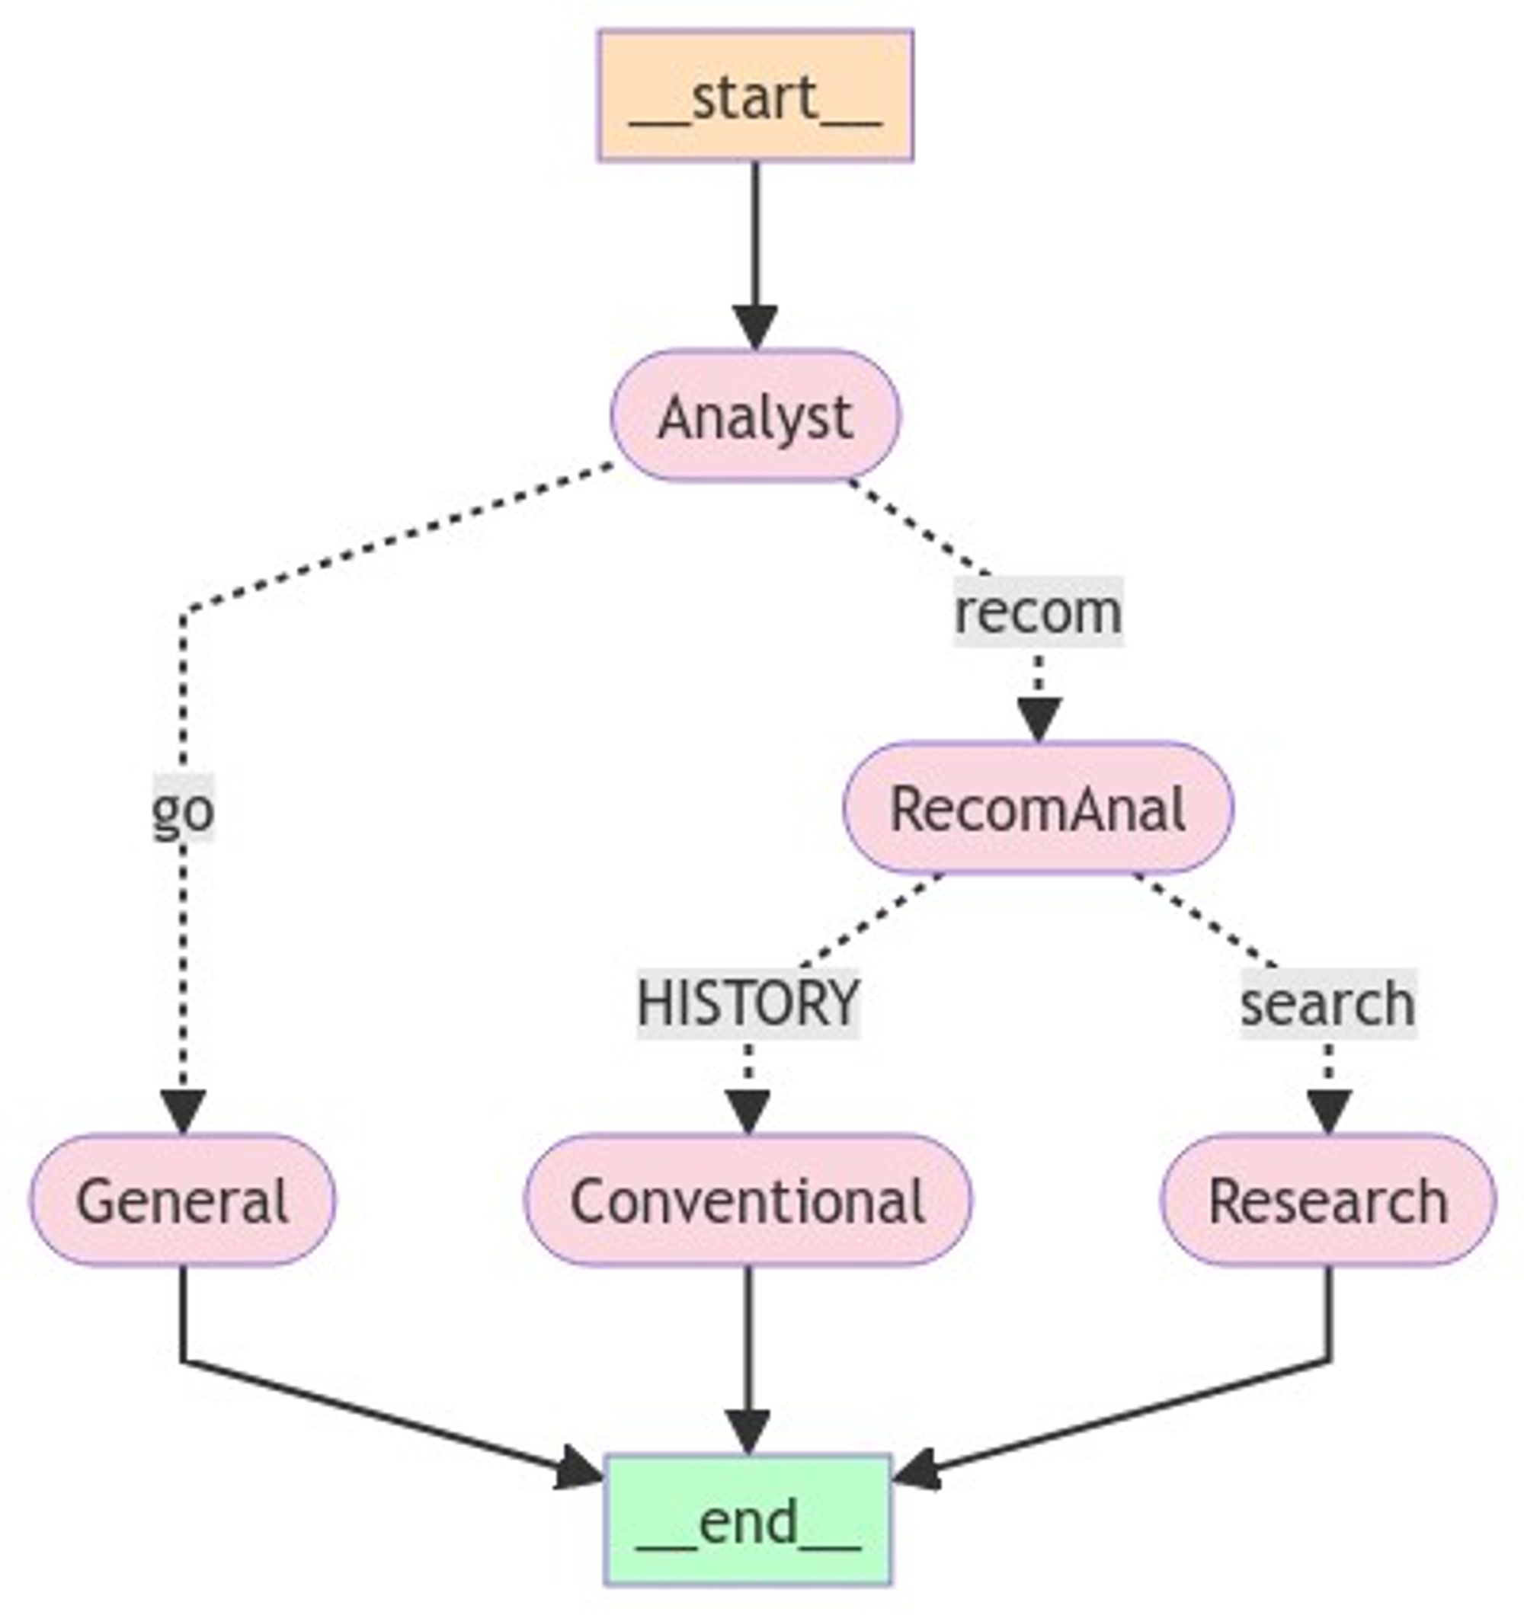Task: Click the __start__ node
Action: click(x=755, y=96)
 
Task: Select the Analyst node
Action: click(x=755, y=416)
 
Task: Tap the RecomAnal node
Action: click(x=1038, y=808)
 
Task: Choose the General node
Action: click(x=183, y=1200)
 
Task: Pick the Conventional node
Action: click(x=748, y=1200)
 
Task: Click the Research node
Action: click(x=1328, y=1200)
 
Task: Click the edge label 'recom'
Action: click(x=1038, y=612)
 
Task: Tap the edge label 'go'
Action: click(x=184, y=809)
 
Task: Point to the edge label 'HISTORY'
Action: click(x=748, y=1003)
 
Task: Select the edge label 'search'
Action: click(x=1328, y=1003)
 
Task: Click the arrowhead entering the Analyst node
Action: click(x=755, y=327)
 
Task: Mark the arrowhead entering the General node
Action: click(x=183, y=1111)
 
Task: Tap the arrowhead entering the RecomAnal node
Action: click(x=1038, y=719)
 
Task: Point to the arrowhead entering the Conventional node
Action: click(x=748, y=1111)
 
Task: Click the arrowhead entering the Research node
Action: click(x=1328, y=1111)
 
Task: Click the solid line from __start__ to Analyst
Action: click(x=755, y=235)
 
